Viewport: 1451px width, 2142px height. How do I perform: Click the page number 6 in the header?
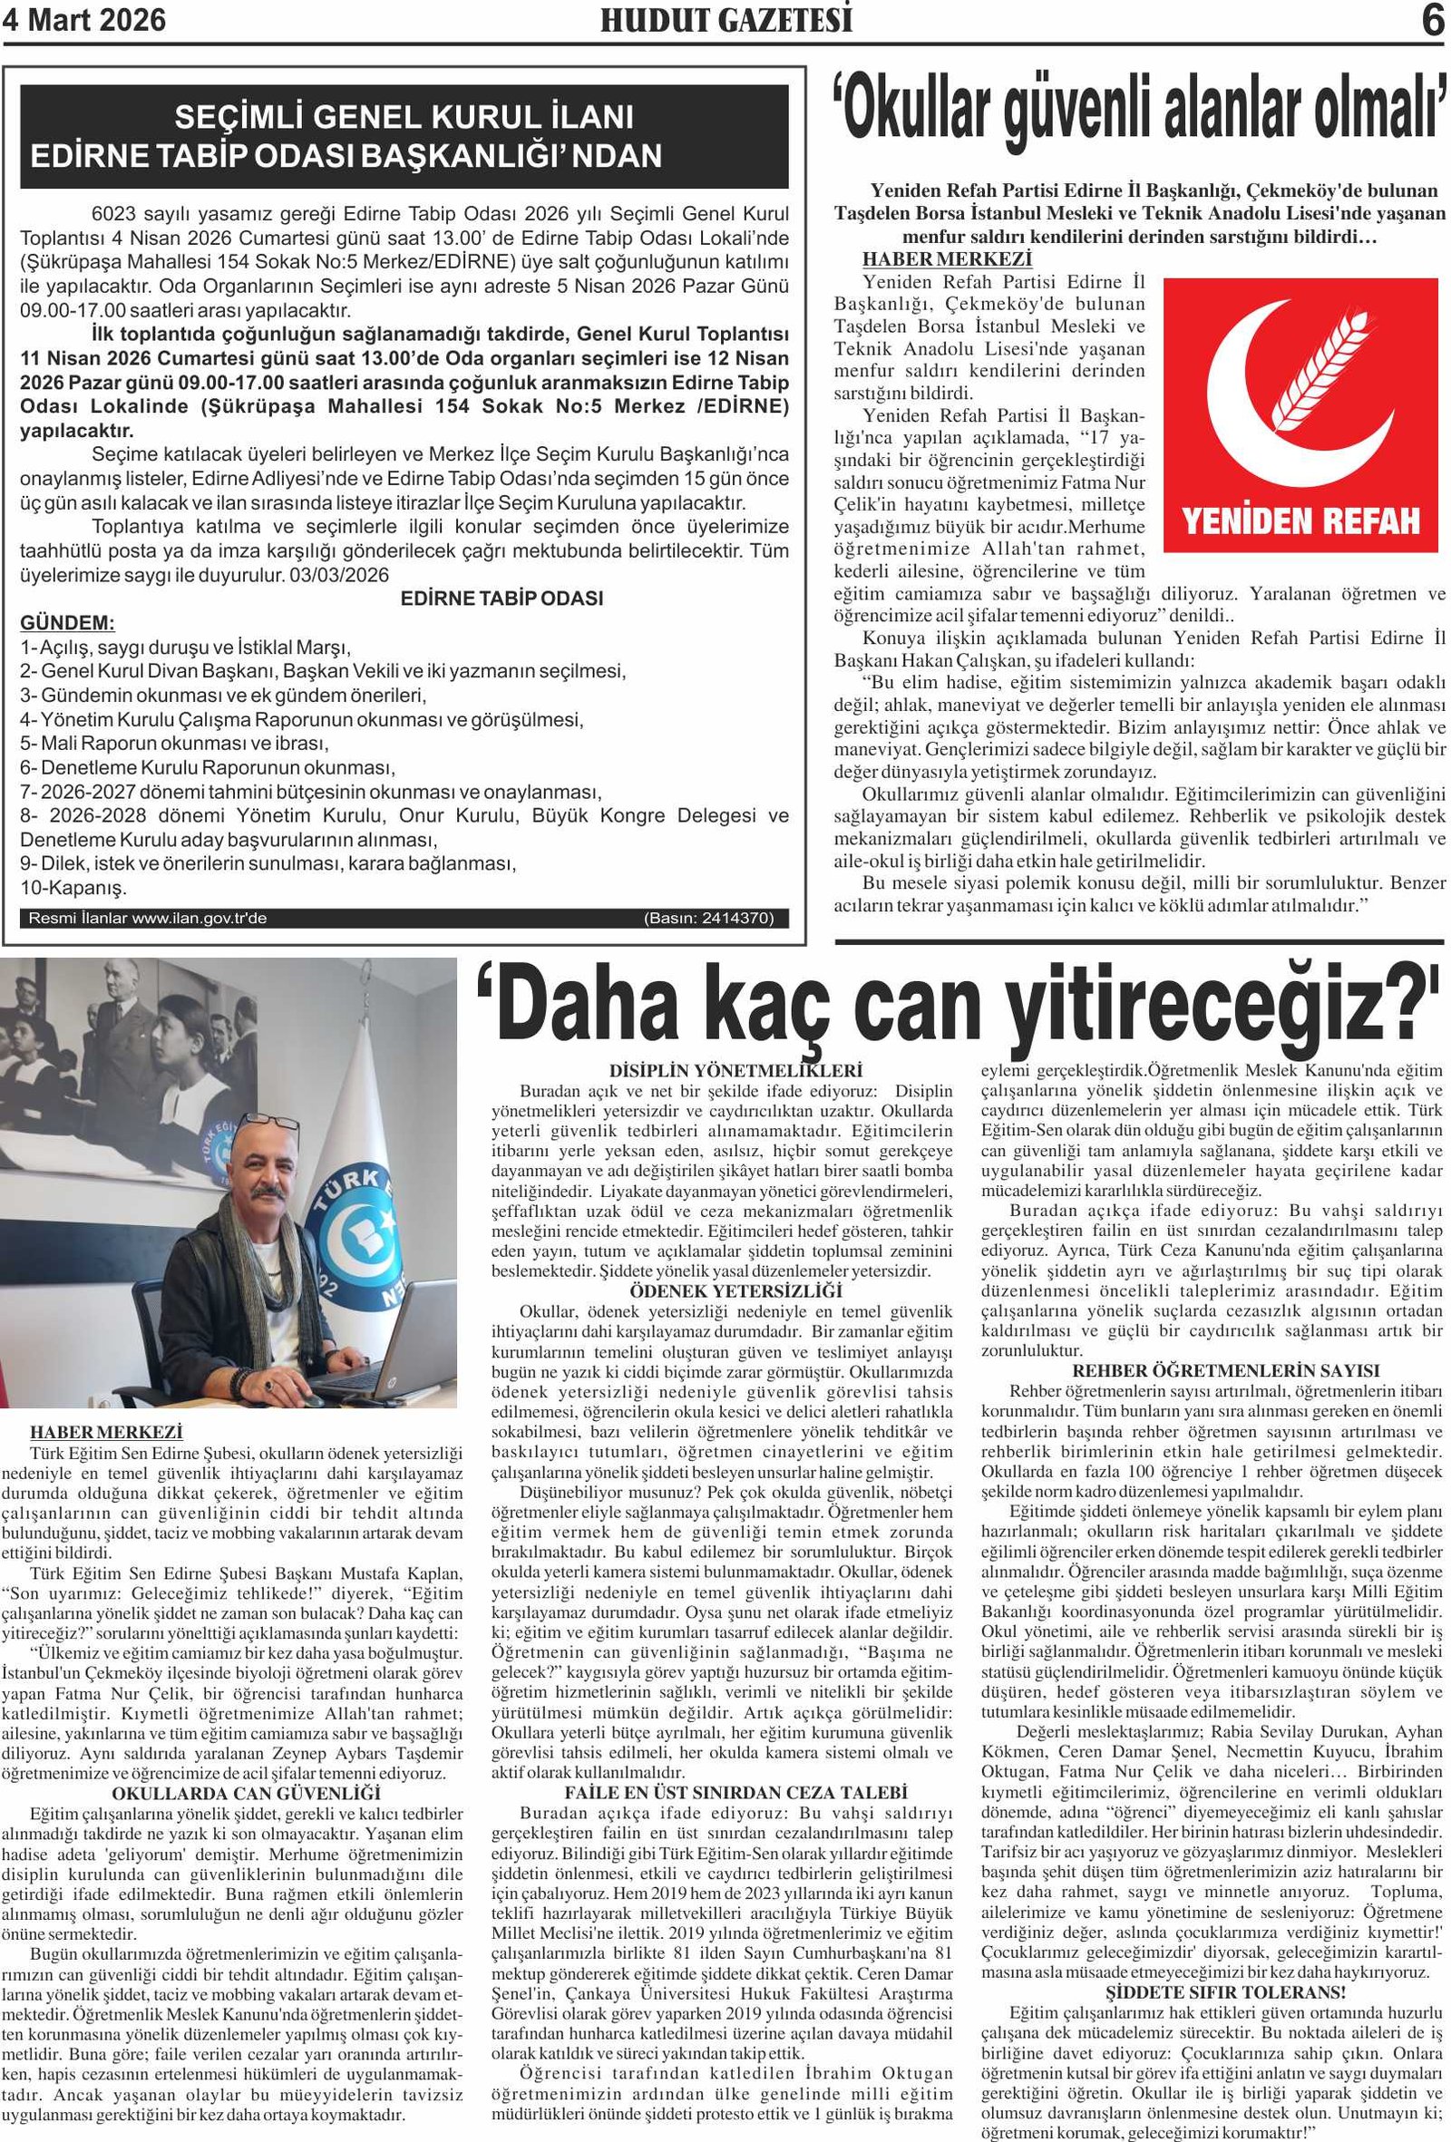1432,20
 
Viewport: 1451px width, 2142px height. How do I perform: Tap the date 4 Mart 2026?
85,19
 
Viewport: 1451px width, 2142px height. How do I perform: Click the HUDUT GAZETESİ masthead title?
725,20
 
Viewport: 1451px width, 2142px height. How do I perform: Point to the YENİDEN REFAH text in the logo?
1300,521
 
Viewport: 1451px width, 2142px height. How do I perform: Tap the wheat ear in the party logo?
1328,369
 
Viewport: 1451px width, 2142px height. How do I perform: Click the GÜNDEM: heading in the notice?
67,622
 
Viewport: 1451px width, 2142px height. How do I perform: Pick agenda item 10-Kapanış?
73,888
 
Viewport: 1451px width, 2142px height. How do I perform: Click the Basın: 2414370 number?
709,918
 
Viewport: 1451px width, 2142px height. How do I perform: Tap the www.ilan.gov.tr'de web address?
199,918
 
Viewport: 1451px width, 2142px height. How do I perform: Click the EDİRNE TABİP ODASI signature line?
502,599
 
